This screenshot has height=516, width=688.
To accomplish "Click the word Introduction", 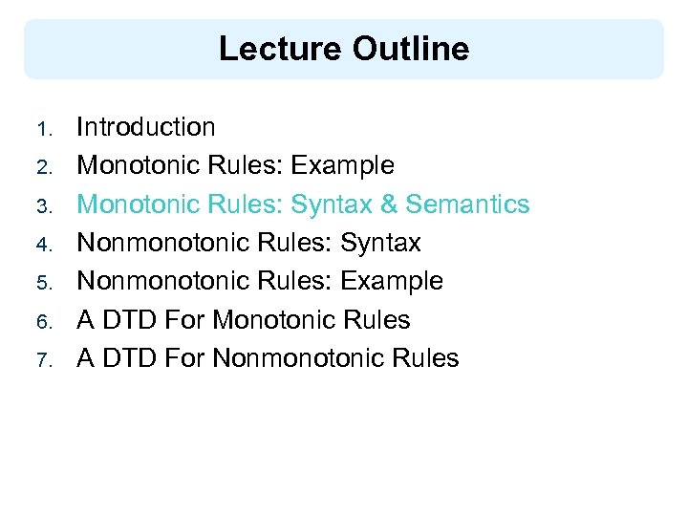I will coord(146,127).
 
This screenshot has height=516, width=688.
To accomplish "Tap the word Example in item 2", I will coord(342,166).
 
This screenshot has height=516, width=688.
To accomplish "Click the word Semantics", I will coord(467,204).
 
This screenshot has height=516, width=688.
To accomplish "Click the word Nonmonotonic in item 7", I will coord(293,359).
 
